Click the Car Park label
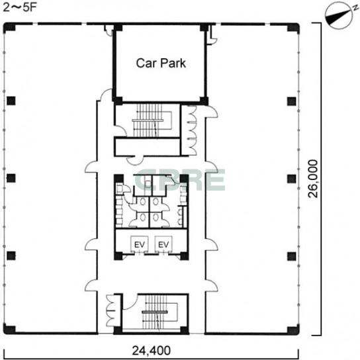[161, 63]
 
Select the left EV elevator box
[140, 244]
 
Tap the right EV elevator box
[163, 244]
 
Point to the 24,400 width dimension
[152, 350]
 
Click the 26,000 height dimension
[313, 179]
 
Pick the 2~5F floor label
[19, 7]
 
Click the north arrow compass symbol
[339, 15]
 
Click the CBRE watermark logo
[180, 180]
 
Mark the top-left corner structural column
[9, 28]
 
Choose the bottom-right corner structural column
[293, 330]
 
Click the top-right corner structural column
[293, 28]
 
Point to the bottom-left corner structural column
[9, 330]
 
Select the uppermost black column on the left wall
[11, 101]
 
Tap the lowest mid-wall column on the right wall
[292, 256]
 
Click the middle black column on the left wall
[11, 178]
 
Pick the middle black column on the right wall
[292, 179]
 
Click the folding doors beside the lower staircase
[112, 310]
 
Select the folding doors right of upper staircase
[191, 130]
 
